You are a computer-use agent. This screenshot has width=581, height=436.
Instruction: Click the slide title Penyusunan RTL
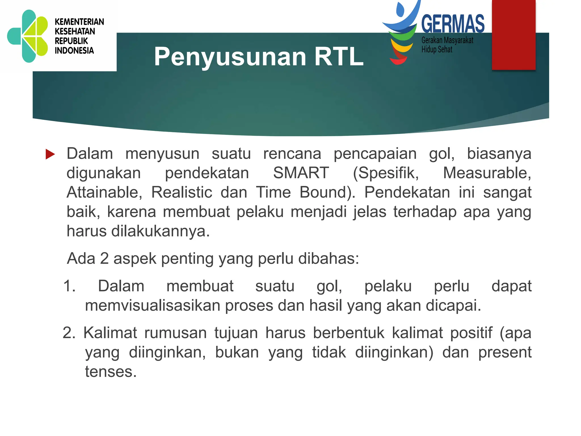coord(258,57)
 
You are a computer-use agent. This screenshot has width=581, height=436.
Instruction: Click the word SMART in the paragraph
coord(301,173)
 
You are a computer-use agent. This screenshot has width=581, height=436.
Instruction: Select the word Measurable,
coord(487,173)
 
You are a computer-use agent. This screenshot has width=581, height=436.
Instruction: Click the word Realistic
coord(182,192)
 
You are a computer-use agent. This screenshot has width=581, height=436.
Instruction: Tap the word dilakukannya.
coord(160,231)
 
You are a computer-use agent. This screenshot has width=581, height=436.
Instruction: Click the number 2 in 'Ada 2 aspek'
coord(104,259)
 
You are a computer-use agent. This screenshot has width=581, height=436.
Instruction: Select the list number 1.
coord(69,286)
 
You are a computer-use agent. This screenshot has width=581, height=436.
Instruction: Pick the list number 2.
coord(69,333)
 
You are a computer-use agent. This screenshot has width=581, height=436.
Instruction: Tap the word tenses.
coord(111,372)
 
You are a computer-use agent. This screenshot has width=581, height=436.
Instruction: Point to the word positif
coord(471,333)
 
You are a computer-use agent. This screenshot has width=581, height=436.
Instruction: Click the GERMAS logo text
coord(453,24)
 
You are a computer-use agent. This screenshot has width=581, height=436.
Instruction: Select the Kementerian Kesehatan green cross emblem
coord(28,36)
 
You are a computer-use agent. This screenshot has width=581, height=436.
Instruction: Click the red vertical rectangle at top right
coord(513,35)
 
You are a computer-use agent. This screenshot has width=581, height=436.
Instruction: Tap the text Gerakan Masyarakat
coord(447,41)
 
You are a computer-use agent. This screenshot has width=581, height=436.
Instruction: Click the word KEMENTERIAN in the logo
coord(79,22)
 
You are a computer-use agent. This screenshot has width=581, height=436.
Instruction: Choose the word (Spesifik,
coord(386,173)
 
